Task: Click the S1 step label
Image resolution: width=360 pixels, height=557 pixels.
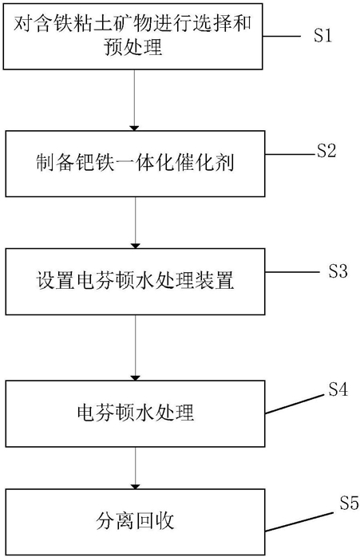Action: point(322,36)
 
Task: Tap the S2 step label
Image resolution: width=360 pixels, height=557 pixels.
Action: point(326,151)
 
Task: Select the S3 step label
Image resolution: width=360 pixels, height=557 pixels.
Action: point(338,271)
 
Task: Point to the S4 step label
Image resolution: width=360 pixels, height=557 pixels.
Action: point(338,389)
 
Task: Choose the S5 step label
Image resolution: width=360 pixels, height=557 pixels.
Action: point(349,503)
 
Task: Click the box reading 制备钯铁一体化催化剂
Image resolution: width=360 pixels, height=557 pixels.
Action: point(135,164)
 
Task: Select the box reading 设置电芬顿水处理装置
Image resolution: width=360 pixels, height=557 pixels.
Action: point(135,282)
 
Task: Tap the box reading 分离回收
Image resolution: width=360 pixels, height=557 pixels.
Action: point(135,522)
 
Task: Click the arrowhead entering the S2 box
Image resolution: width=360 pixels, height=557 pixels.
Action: point(135,128)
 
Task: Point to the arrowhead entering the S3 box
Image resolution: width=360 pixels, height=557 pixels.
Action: point(135,246)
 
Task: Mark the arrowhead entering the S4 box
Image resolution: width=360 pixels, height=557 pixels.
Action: point(135,377)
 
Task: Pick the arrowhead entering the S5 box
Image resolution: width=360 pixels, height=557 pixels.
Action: point(135,486)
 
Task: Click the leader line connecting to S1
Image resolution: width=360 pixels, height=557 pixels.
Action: point(282,36)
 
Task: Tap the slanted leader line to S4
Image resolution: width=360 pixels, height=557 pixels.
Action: point(296,404)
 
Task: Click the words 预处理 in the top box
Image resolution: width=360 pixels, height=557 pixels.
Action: point(133,46)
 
